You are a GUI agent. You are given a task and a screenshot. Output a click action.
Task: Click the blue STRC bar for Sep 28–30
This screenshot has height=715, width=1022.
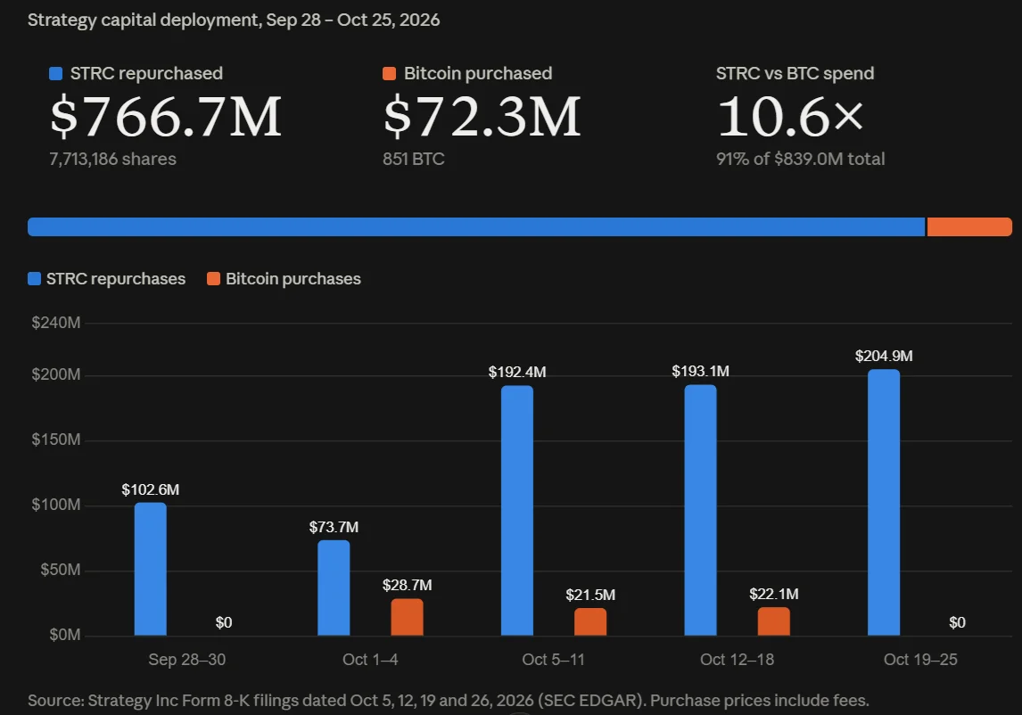pos(150,569)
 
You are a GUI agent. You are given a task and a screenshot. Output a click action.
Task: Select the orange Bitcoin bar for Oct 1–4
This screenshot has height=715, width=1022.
pos(407,617)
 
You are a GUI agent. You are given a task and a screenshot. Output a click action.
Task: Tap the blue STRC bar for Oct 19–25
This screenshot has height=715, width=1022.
pos(883,503)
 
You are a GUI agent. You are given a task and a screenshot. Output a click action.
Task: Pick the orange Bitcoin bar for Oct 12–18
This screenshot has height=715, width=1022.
pos(774,621)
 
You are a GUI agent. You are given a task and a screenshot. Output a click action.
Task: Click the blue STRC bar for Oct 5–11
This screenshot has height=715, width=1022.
pos(517,510)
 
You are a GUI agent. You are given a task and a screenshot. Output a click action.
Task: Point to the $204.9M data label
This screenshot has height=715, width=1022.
pos(884,356)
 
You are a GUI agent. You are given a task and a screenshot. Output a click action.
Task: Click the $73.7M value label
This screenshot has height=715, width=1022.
pos(334,527)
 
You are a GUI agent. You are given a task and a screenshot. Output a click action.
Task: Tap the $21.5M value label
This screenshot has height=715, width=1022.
pos(590,595)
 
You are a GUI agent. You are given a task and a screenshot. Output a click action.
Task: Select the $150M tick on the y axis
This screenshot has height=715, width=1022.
pos(56,440)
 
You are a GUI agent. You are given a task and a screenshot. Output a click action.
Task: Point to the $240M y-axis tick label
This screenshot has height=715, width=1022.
pos(56,323)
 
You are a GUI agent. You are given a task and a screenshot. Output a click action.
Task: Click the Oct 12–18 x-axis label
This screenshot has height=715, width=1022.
pos(738,660)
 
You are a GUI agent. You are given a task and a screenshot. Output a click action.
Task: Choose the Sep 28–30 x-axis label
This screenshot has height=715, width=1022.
pos(187,660)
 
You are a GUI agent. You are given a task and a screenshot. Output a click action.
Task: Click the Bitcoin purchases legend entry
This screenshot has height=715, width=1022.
pos(284,279)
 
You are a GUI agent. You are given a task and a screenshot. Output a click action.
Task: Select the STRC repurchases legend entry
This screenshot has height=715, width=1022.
pos(107,279)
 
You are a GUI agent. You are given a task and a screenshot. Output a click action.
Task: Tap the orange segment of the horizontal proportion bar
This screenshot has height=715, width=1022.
pos(969,226)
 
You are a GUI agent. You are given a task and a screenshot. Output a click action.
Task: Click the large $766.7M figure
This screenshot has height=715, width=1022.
pos(166,117)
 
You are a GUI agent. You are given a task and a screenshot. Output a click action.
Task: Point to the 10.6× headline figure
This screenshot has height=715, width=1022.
pos(790,117)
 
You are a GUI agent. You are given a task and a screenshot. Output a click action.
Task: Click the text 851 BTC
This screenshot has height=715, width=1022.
pos(413,159)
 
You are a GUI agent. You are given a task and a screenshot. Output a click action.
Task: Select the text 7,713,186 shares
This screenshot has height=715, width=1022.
pos(112,159)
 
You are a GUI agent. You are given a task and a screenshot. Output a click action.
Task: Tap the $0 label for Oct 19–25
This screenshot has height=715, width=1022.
pos(957,622)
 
